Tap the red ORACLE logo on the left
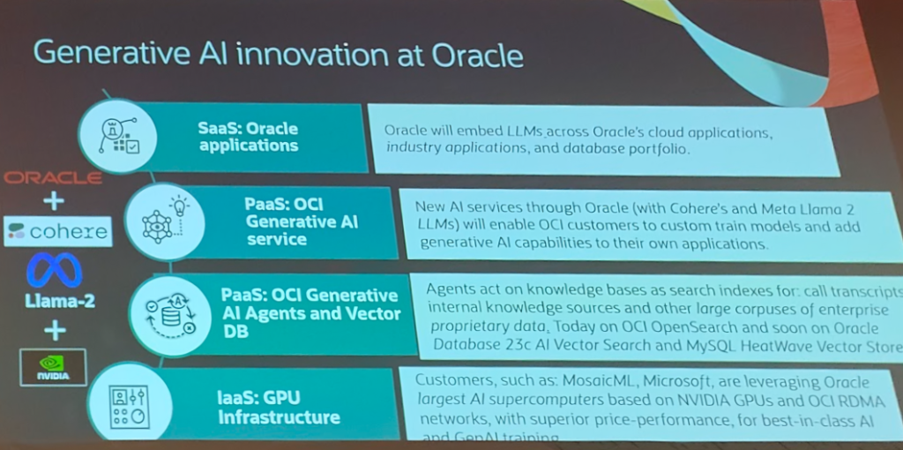53,177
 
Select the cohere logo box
57,232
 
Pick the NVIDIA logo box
53,366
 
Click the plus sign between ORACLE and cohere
54,201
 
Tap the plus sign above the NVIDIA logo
55,330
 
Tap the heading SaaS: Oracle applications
248,137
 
